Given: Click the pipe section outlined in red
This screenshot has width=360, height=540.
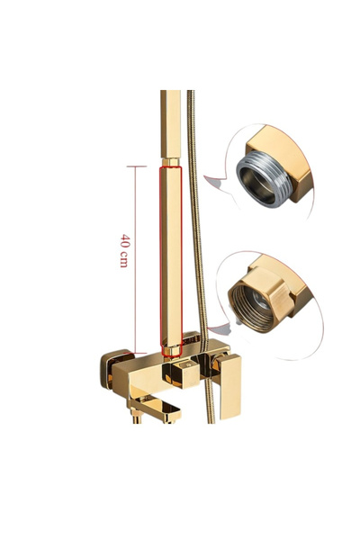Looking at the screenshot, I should point(170,261).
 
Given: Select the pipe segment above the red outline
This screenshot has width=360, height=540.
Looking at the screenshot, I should point(170,121).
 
